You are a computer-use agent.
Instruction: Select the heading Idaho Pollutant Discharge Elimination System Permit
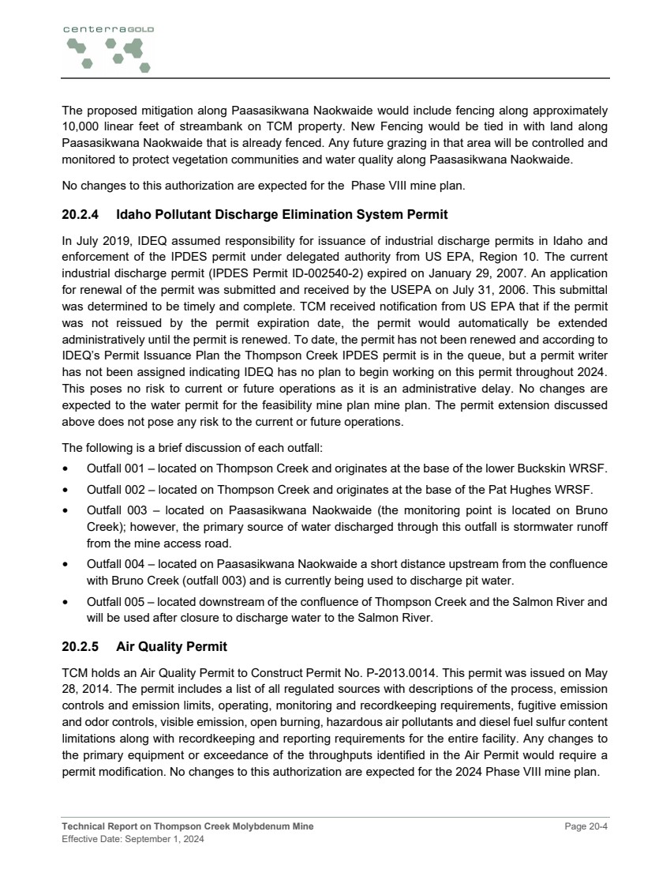(x=282, y=214)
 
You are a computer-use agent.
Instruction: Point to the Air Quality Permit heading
(x=171, y=647)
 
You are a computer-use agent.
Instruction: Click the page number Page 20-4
(x=586, y=826)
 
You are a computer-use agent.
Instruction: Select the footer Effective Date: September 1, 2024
(x=133, y=839)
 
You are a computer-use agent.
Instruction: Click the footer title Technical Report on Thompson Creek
(x=188, y=826)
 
